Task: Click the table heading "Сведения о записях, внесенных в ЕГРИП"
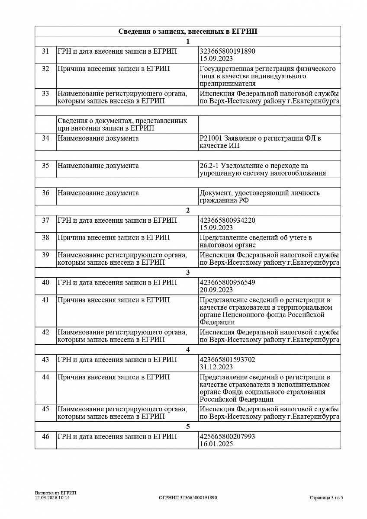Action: click(x=187, y=32)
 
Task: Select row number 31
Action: click(x=45, y=51)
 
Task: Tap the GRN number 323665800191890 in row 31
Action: click(x=227, y=51)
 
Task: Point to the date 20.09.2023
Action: click(x=216, y=290)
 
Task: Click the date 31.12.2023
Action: click(x=216, y=367)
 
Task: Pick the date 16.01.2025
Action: click(x=216, y=444)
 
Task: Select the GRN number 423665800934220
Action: click(x=227, y=220)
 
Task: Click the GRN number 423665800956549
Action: click(x=227, y=282)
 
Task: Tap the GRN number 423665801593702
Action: click(x=227, y=359)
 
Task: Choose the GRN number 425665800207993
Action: click(x=227, y=436)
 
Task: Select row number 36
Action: click(x=45, y=193)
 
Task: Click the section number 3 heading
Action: click(x=187, y=272)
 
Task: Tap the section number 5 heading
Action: click(x=187, y=426)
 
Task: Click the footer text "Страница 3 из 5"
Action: click(x=326, y=498)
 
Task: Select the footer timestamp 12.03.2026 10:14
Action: click(x=52, y=498)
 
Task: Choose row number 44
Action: click(x=45, y=377)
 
